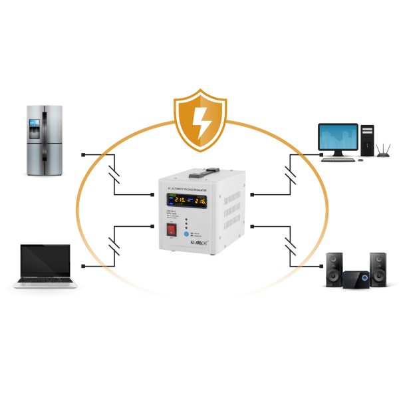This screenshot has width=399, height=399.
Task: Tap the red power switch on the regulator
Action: pos(172,229)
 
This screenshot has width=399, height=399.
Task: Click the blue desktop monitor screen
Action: pos(339,137)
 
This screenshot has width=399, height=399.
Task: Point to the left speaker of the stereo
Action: pos(334,269)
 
